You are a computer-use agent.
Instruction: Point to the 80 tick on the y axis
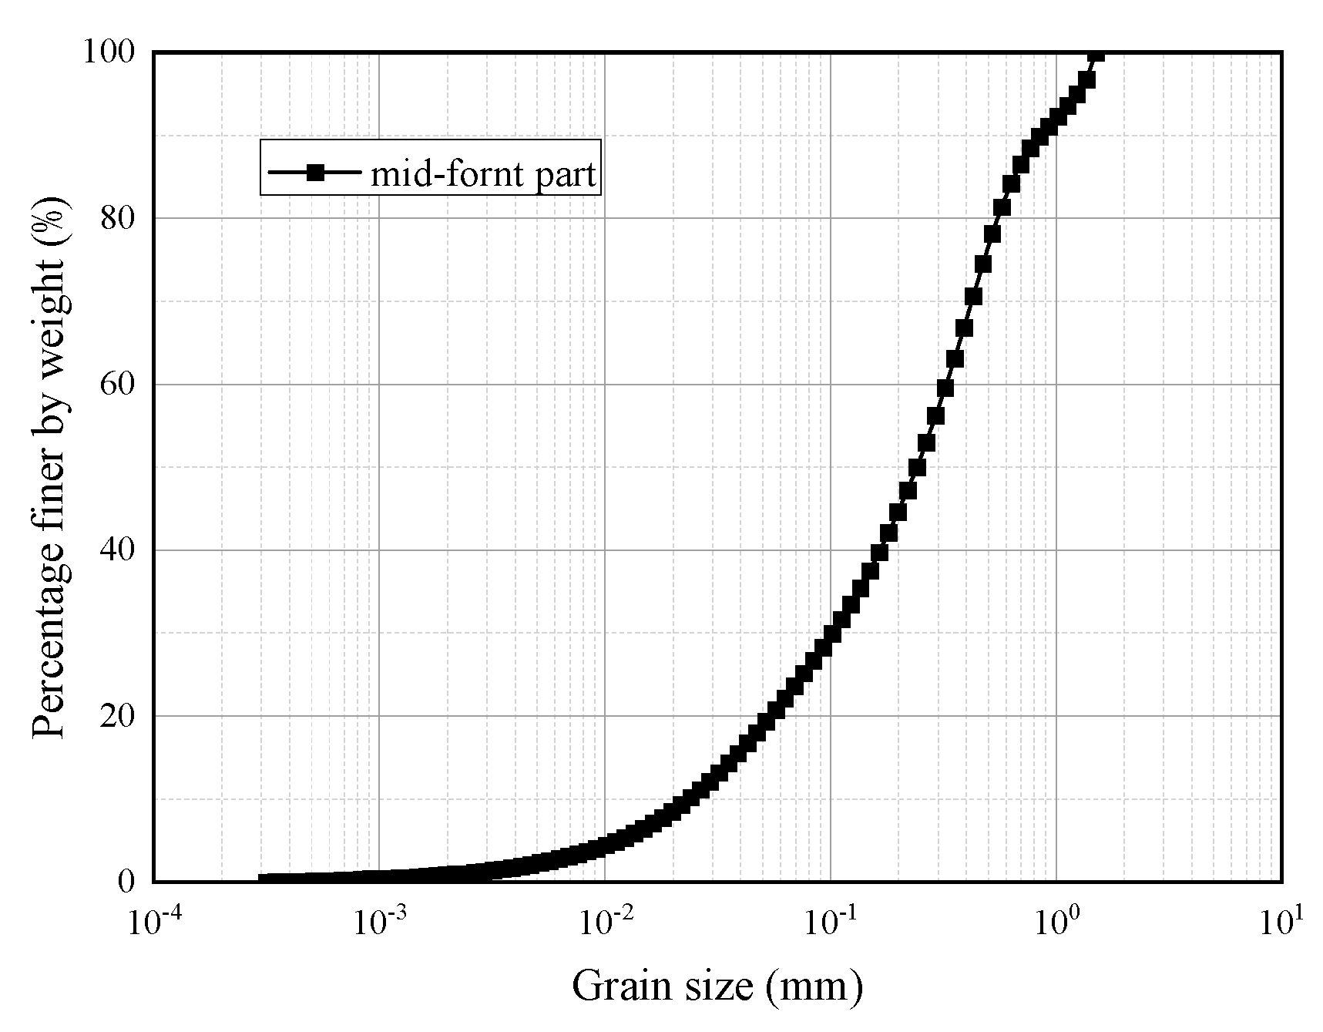point(118,219)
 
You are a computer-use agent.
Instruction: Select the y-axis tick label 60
point(118,385)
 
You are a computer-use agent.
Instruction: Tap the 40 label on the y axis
point(118,550)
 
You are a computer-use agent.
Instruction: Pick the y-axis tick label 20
point(118,716)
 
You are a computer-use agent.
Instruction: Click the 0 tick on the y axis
point(126,882)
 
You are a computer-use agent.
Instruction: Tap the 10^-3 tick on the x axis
point(378,920)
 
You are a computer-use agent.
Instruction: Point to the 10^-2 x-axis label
point(604,920)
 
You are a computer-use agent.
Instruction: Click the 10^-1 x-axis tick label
point(830,920)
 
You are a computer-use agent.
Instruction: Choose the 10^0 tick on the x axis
point(1056,920)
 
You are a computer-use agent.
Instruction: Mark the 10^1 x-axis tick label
point(1281,920)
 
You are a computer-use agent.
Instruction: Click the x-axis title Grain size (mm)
point(717,987)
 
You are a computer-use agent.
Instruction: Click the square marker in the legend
point(314,173)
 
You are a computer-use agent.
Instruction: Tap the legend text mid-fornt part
point(483,174)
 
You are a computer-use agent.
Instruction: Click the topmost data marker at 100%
point(1096,52)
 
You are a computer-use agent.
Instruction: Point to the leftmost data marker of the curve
point(264,879)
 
